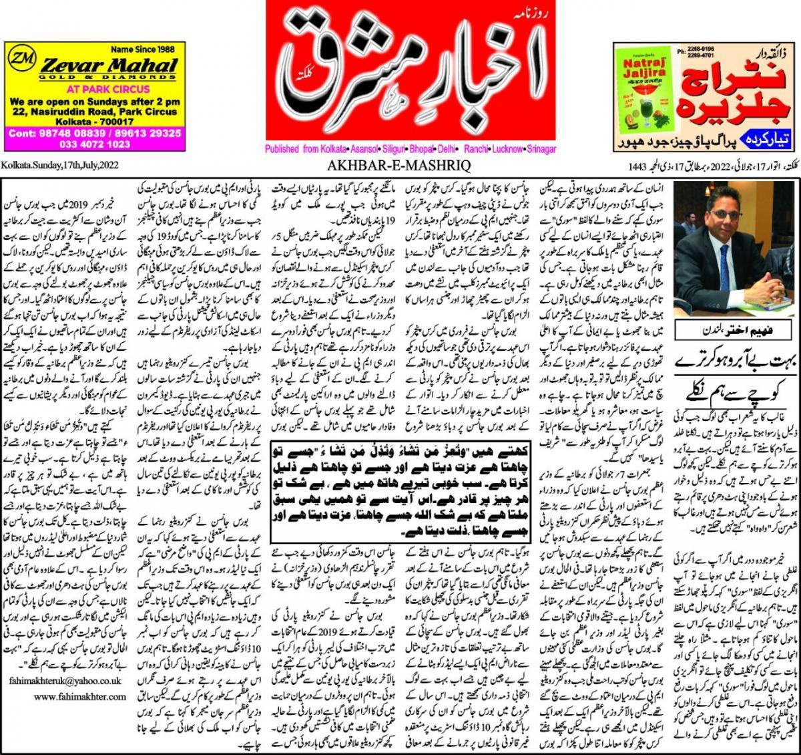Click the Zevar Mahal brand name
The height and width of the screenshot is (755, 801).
click(111, 66)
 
